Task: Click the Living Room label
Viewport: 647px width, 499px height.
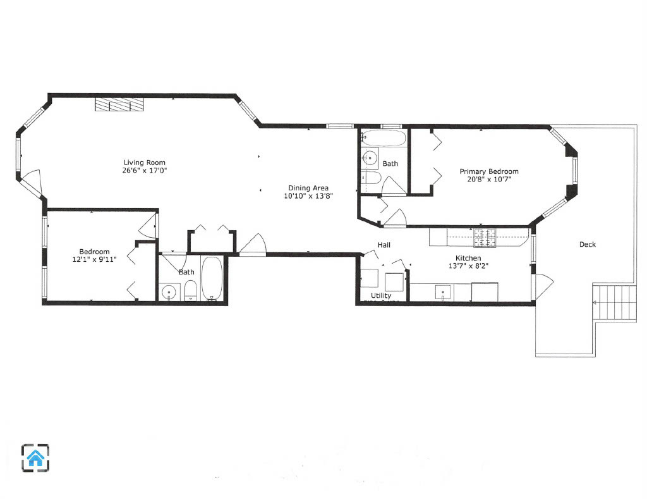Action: tap(145, 163)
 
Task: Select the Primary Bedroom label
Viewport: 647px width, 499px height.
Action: tap(488, 171)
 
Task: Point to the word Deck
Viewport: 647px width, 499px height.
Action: tap(587, 244)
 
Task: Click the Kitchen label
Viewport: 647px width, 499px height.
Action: tap(468, 258)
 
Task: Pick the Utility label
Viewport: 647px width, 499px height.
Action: tap(381, 295)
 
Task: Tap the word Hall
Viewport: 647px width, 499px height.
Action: tap(384, 245)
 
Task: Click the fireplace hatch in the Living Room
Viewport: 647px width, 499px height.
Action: tap(119, 105)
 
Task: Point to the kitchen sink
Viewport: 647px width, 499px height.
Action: tap(444, 292)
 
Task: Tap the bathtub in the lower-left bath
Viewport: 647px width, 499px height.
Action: tap(212, 278)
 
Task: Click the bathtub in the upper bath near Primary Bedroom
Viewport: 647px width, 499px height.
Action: tap(384, 139)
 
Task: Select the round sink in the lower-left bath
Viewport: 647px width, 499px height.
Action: tap(168, 293)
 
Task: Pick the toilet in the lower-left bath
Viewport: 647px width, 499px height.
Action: tap(191, 292)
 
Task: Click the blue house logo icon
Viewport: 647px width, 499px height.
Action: tap(35, 457)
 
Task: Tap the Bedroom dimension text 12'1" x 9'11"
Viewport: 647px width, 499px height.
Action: tap(94, 259)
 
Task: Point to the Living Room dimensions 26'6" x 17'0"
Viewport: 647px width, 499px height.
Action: tap(145, 170)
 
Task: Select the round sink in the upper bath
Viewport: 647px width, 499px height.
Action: tap(370, 157)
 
